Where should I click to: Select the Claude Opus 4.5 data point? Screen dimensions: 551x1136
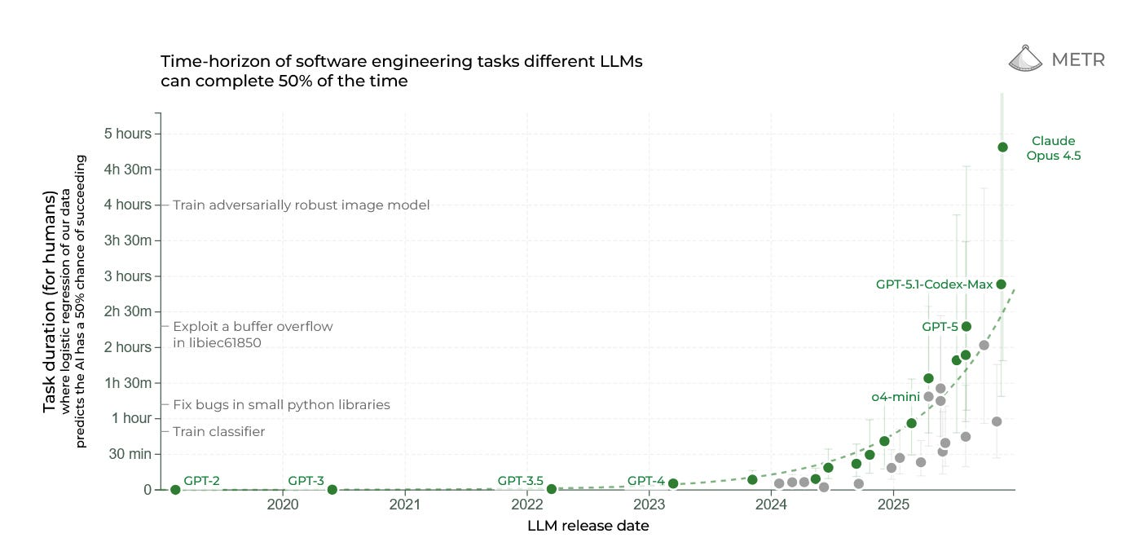1002,147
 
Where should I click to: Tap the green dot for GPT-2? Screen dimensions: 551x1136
175,489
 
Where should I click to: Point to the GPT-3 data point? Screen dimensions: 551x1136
332,489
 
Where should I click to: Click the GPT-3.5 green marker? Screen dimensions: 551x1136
552,488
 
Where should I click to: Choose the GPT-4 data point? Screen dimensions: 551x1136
673,483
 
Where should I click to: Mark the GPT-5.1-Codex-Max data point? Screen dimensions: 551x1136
1002,284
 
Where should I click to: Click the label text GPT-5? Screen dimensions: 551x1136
940,326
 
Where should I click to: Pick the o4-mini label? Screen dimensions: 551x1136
895,397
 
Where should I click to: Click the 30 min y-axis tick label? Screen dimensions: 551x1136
130,454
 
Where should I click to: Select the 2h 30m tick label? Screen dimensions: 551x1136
130,311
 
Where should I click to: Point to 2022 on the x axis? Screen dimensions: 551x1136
526,505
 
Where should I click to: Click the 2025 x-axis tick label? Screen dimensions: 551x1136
892,505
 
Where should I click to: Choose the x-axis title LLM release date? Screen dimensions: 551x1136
588,526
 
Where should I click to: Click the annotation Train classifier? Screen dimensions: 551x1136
218,432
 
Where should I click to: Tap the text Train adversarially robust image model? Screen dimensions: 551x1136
301,205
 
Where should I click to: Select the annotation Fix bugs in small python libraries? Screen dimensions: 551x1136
281,404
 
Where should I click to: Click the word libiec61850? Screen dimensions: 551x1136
217,343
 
